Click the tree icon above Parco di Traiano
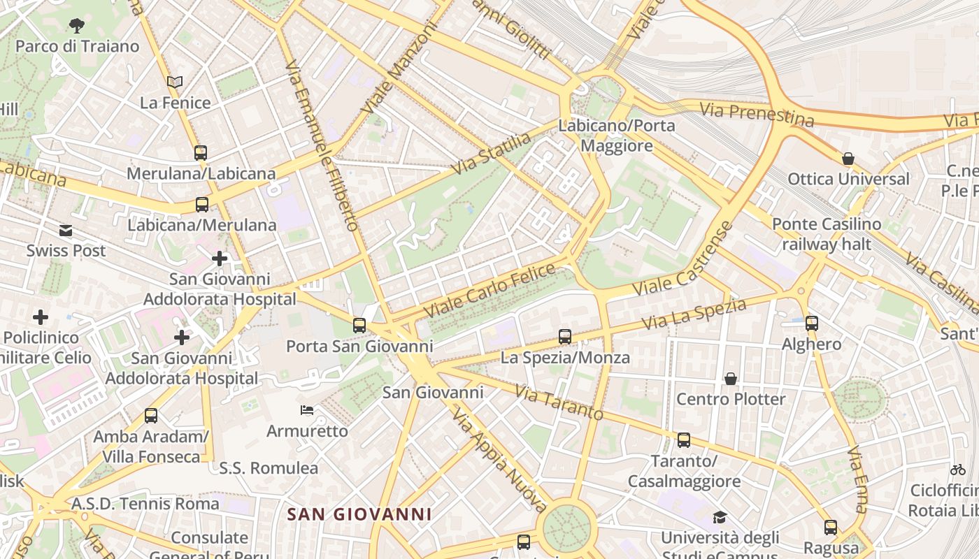(x=77, y=27)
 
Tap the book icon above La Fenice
(x=175, y=82)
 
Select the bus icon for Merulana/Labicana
(x=201, y=152)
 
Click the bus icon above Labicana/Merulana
(x=202, y=205)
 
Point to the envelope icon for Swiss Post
(x=66, y=231)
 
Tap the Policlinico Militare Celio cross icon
(x=41, y=317)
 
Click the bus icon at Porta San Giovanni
(x=359, y=325)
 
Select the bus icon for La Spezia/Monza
(x=565, y=337)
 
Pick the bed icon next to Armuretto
(x=307, y=410)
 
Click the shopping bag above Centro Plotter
(x=731, y=379)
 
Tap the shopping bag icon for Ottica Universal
(x=848, y=159)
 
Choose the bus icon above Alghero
(x=812, y=324)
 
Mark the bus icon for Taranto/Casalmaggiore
(x=684, y=440)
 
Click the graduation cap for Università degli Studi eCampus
(x=720, y=517)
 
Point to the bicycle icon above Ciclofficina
(x=958, y=470)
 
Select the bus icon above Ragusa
(x=831, y=528)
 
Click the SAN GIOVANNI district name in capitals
(x=359, y=515)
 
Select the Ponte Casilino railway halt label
(x=827, y=234)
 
